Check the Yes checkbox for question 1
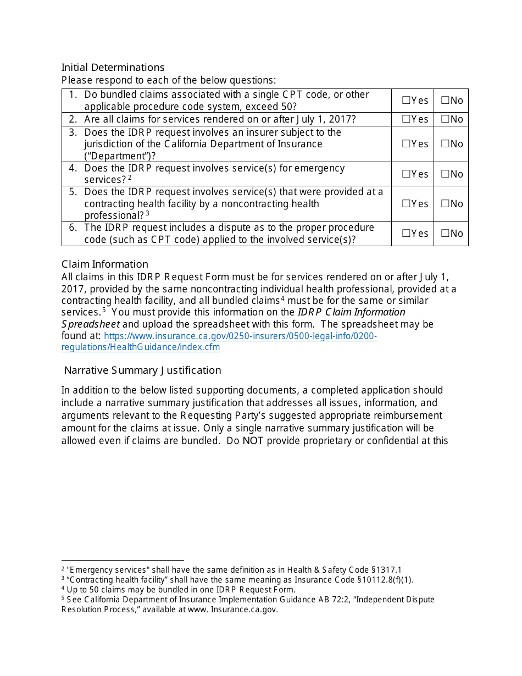pos(406,101)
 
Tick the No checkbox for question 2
pos(445,119)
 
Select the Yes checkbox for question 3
pos(406,144)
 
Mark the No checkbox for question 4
pos(445,174)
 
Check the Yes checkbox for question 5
pos(406,204)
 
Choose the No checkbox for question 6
pos(445,234)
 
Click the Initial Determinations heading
pos(113,68)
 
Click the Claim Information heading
pos(104,264)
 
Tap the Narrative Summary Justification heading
pos(143,370)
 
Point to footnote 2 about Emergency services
pos(231,570)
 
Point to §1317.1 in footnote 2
pos(387,570)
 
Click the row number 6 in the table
pos(73,228)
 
